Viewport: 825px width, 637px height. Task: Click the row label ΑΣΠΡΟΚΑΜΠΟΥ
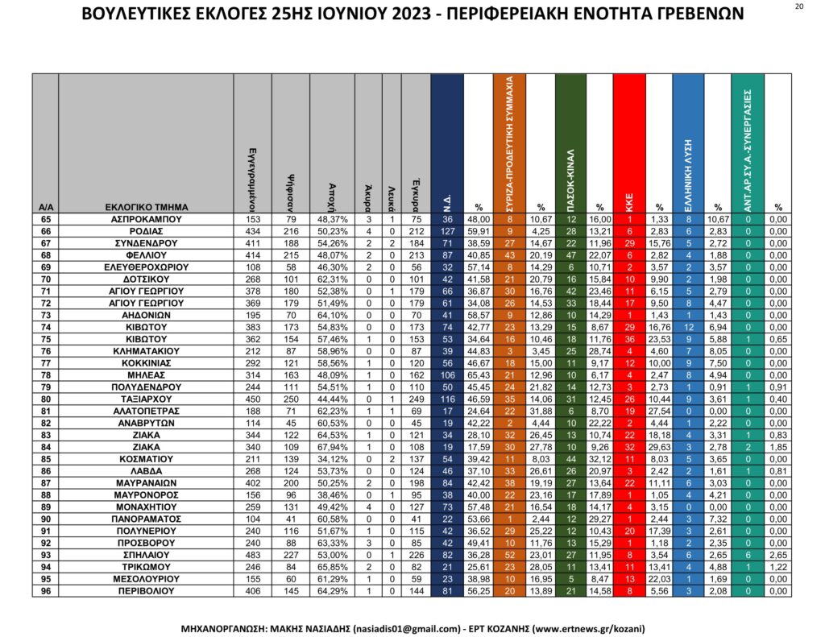[x=146, y=218]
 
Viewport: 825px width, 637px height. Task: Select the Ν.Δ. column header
[x=447, y=143]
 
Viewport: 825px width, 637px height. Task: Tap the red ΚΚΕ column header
[x=629, y=143]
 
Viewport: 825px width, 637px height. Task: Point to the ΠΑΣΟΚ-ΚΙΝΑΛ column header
[x=570, y=143]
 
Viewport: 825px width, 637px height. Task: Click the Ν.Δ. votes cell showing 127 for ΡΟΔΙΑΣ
[x=447, y=230]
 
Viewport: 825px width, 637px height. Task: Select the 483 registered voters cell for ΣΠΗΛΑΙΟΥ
[x=252, y=556]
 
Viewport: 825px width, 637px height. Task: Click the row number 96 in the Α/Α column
[x=45, y=593]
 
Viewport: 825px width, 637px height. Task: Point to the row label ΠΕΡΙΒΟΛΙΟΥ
[x=146, y=593]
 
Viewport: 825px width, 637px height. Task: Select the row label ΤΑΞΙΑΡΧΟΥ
[x=146, y=399]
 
